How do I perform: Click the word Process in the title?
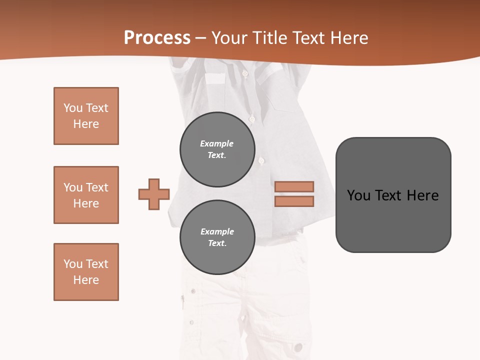pyautogui.click(x=157, y=38)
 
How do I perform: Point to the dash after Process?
pyautogui.click(x=200, y=38)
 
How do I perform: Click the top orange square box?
pyautogui.click(x=86, y=116)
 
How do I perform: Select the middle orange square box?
pyautogui.click(x=86, y=195)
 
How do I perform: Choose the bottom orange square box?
pyautogui.click(x=86, y=272)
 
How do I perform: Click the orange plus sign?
pyautogui.click(x=154, y=194)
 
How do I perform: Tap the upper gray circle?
pyautogui.click(x=217, y=149)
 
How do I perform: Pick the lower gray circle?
pyautogui.click(x=217, y=237)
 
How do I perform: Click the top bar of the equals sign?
pyautogui.click(x=294, y=186)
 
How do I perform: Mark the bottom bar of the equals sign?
pyautogui.click(x=294, y=201)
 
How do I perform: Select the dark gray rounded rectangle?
pyautogui.click(x=393, y=195)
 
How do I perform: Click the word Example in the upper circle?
pyautogui.click(x=216, y=143)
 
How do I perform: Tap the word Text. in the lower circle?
pyautogui.click(x=217, y=243)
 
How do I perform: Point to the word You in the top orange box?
pyautogui.click(x=72, y=108)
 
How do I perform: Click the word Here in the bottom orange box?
pyautogui.click(x=86, y=280)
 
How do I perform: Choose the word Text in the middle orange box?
pyautogui.click(x=96, y=187)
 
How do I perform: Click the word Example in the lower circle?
pyautogui.click(x=217, y=231)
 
